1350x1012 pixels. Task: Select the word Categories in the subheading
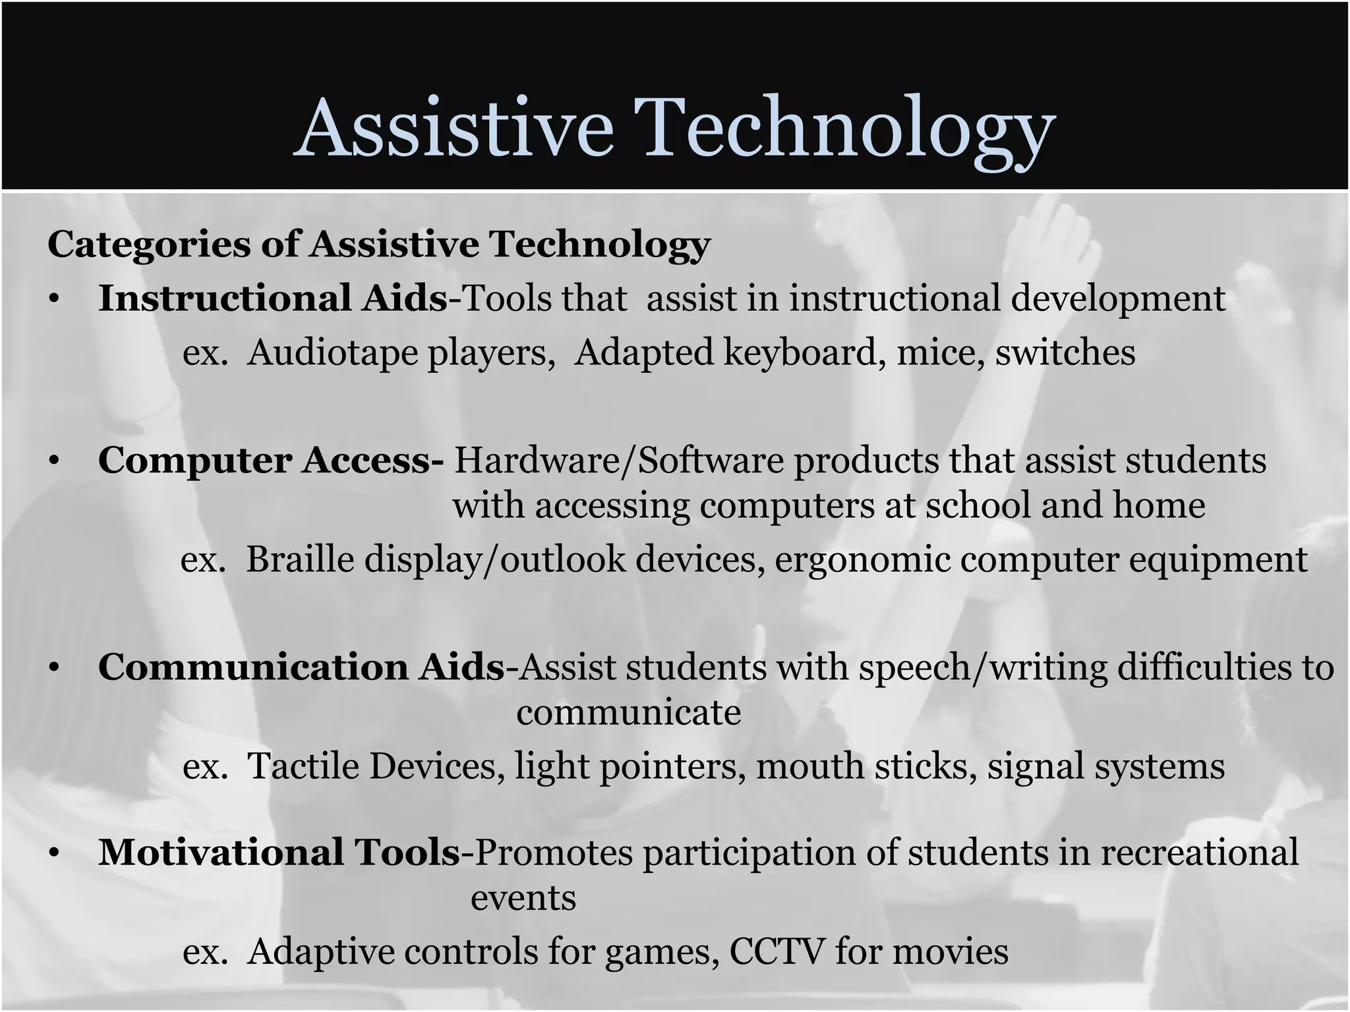[x=149, y=245]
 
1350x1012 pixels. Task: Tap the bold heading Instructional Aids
[x=272, y=298]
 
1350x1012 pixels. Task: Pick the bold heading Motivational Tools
[x=279, y=852]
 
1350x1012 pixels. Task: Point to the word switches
[x=1065, y=352]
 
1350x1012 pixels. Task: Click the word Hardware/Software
[x=619, y=461]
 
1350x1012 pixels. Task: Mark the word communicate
[x=628, y=712]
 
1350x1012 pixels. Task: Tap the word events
[x=523, y=898]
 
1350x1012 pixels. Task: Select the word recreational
[x=1199, y=852]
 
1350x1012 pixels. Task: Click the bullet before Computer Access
[x=54, y=462]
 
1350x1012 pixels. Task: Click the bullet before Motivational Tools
[x=54, y=853]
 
